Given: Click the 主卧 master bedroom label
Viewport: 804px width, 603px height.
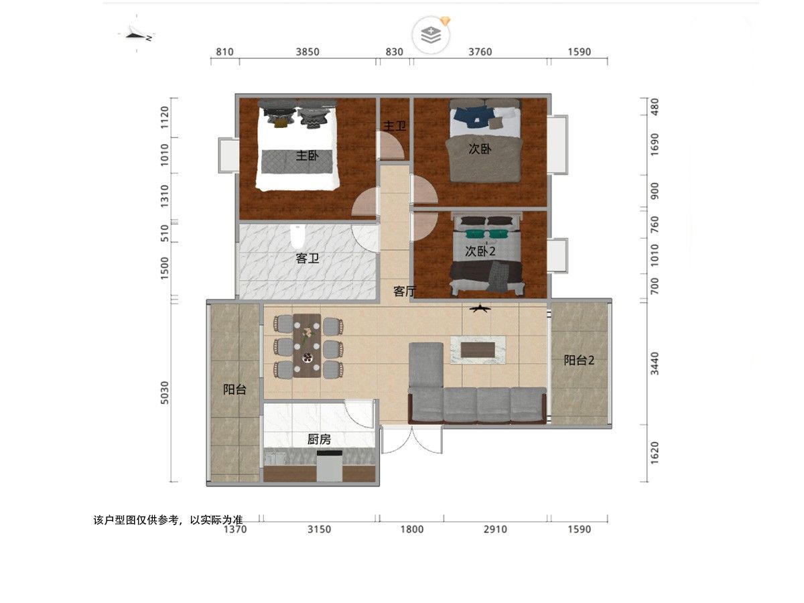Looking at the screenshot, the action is [307, 155].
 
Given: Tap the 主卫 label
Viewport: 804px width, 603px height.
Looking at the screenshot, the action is [395, 126].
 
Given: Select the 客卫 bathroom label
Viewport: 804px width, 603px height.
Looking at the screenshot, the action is [307, 259].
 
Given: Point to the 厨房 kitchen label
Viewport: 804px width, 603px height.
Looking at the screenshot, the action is [319, 439].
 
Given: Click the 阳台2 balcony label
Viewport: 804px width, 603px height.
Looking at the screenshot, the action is [579, 360].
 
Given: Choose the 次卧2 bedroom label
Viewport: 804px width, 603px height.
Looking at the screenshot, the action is [480, 251].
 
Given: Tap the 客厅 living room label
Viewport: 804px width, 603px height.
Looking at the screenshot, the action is [405, 291].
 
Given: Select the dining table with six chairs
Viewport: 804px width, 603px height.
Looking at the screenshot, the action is [308, 345].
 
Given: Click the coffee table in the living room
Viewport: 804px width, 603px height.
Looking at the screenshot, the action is [478, 350].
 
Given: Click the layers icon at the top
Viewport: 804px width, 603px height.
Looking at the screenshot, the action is [431, 35].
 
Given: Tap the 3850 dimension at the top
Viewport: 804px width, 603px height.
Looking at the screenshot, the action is [308, 52].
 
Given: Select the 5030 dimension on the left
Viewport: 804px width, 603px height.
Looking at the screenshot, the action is [165, 393].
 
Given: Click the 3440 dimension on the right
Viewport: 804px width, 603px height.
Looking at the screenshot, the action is [654, 364].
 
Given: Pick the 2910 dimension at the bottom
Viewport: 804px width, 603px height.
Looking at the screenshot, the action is [495, 529].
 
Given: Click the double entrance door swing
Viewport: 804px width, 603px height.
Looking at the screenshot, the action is [411, 440].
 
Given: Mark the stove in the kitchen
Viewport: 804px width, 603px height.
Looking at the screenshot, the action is [329, 466].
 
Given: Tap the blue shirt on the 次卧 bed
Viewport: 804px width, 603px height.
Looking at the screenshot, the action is [471, 117].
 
